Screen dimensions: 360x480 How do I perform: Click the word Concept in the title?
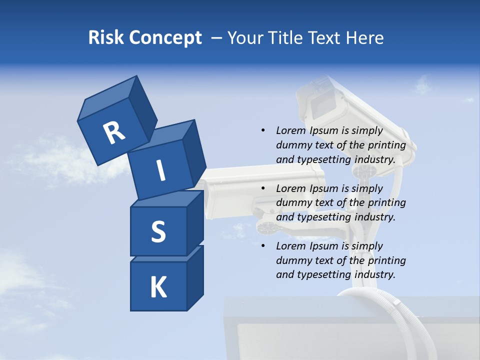(x=165, y=38)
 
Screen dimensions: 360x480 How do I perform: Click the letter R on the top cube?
(x=114, y=132)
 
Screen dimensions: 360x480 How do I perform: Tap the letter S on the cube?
(x=158, y=231)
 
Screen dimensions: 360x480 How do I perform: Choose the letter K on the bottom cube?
(x=158, y=287)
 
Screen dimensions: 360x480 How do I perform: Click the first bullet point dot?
(x=263, y=130)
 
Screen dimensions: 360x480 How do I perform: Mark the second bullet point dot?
(x=263, y=188)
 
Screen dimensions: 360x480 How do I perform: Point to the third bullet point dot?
(x=263, y=246)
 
